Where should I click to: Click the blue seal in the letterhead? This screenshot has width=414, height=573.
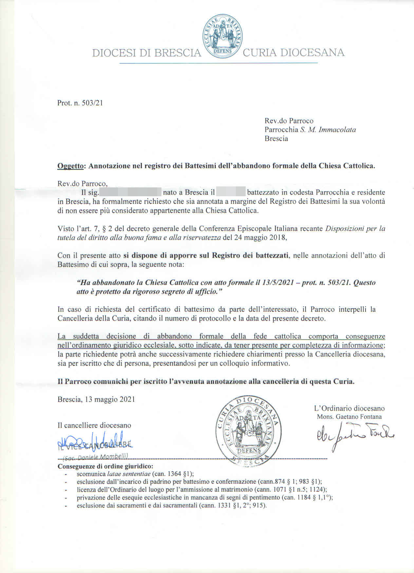click(222, 37)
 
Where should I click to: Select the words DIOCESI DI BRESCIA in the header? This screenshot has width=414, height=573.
click(146, 53)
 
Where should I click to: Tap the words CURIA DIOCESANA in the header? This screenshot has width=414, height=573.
click(293, 52)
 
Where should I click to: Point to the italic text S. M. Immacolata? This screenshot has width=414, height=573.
click(328, 130)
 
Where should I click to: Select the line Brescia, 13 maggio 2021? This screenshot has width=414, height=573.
click(96, 399)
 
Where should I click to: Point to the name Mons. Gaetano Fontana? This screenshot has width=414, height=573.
click(349, 417)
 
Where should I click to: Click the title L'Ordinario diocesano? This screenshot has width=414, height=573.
click(349, 408)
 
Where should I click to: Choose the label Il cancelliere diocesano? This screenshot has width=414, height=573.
click(94, 425)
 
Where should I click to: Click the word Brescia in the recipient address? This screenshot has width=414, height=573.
click(276, 138)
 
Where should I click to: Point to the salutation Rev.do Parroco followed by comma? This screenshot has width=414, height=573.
click(82, 183)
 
